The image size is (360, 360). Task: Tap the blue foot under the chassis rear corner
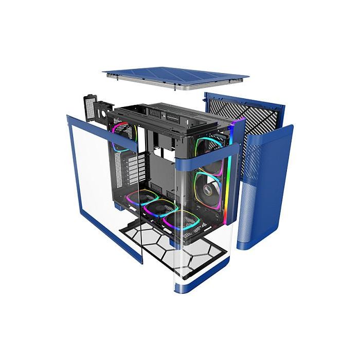click(x=119, y=206)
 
